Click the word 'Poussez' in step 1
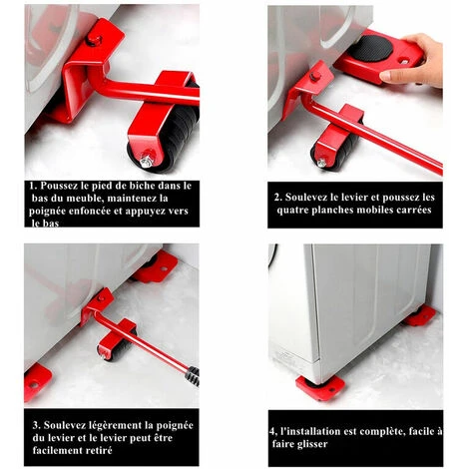[x=57, y=186]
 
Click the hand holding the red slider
[x=416, y=62]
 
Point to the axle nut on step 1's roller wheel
[x=147, y=160]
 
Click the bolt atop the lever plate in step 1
[x=94, y=40]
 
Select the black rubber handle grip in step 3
[x=194, y=376]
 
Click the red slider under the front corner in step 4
[x=319, y=388]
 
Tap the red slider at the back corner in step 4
[x=420, y=316]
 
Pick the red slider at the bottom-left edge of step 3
[x=37, y=382]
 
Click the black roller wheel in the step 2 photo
[x=336, y=150]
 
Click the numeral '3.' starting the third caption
[x=36, y=426]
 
